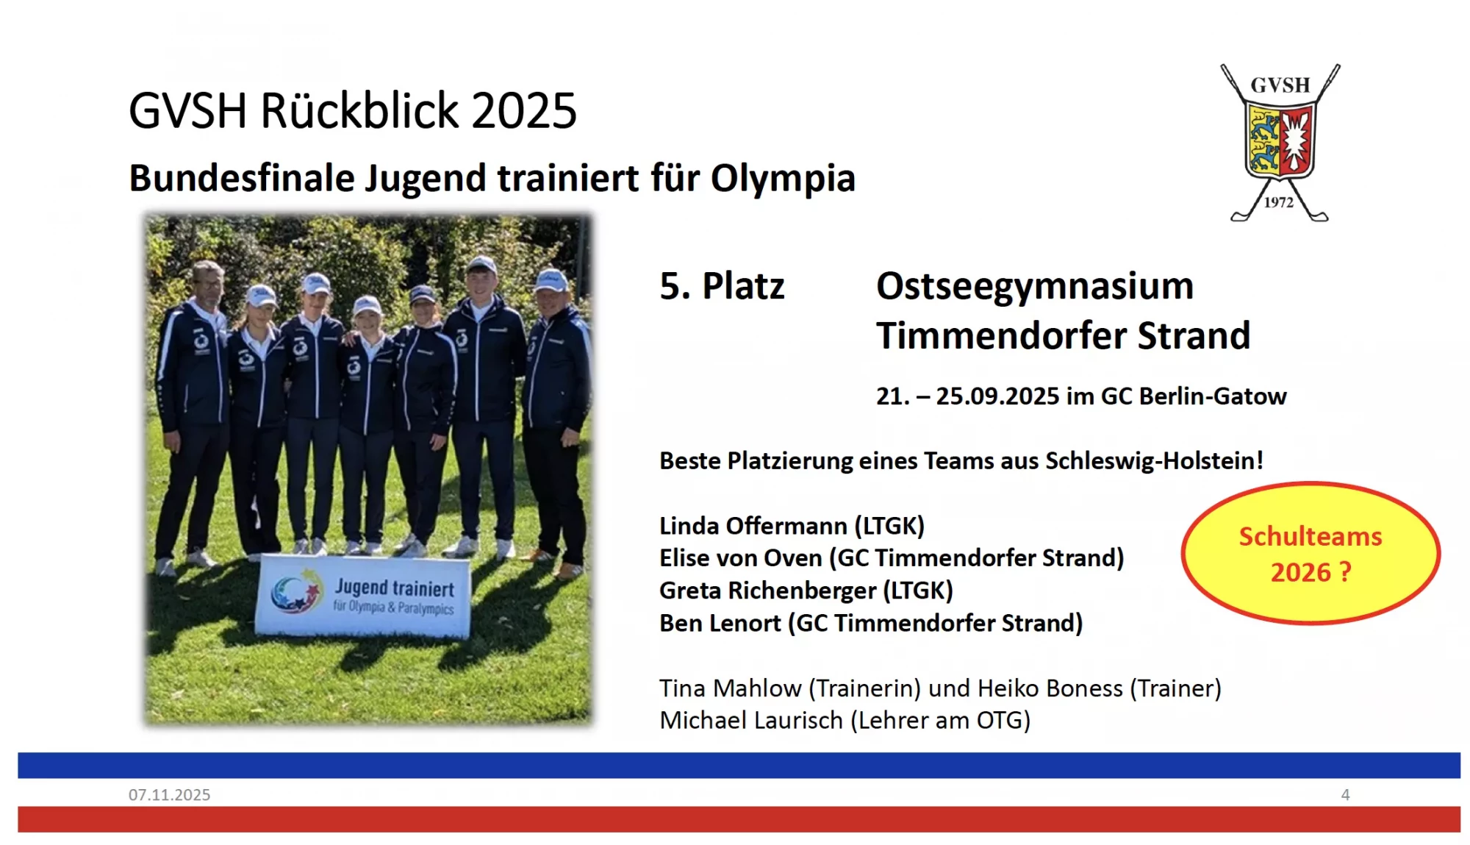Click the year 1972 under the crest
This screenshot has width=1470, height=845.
tap(1278, 202)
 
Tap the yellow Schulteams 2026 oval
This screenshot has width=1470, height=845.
tap(1311, 553)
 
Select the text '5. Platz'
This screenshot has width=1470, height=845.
tap(722, 286)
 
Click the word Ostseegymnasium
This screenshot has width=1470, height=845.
tap(1035, 286)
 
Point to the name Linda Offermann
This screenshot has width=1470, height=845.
tap(753, 526)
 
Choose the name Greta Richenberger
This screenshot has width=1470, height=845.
tap(767, 591)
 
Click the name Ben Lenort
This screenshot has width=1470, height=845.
tap(720, 623)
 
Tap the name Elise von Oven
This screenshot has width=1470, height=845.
tap(740, 558)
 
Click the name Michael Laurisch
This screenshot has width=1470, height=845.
tap(750, 720)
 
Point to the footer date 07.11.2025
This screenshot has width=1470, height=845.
tap(169, 794)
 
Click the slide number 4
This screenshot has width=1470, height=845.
tap(1345, 794)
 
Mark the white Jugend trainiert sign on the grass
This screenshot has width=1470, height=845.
tap(364, 595)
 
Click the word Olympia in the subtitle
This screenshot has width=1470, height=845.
tap(783, 178)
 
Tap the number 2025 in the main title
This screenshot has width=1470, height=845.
tap(523, 111)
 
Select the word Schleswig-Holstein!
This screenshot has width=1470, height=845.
tap(1154, 461)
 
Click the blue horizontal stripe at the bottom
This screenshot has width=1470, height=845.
tap(735, 765)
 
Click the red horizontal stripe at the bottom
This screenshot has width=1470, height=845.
tap(735, 819)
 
